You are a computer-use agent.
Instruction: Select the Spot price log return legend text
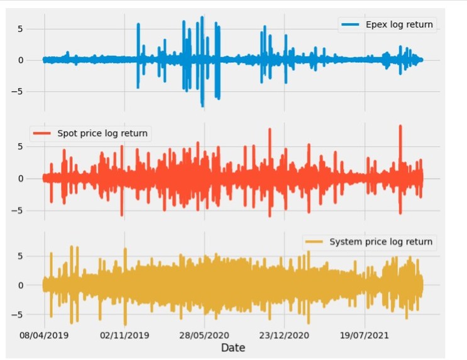pyautogui.click(x=102, y=133)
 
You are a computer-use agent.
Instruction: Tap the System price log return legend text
pyautogui.click(x=381, y=241)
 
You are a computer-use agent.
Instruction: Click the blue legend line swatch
pyautogui.click(x=350, y=25)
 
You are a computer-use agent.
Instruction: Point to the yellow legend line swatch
pyautogui.click(x=314, y=241)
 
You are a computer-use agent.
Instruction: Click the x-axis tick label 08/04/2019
pyautogui.click(x=44, y=335)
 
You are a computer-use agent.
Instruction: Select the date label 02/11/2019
pyautogui.click(x=124, y=335)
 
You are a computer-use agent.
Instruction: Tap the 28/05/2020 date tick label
pyautogui.click(x=204, y=335)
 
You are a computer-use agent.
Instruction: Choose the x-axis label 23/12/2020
pyautogui.click(x=284, y=335)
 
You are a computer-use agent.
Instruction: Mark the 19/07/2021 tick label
pyautogui.click(x=364, y=335)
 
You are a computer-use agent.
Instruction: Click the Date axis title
pyautogui.click(x=233, y=347)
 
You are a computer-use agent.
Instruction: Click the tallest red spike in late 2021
pyautogui.click(x=400, y=127)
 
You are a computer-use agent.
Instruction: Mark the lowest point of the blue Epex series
pyautogui.click(x=202, y=106)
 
